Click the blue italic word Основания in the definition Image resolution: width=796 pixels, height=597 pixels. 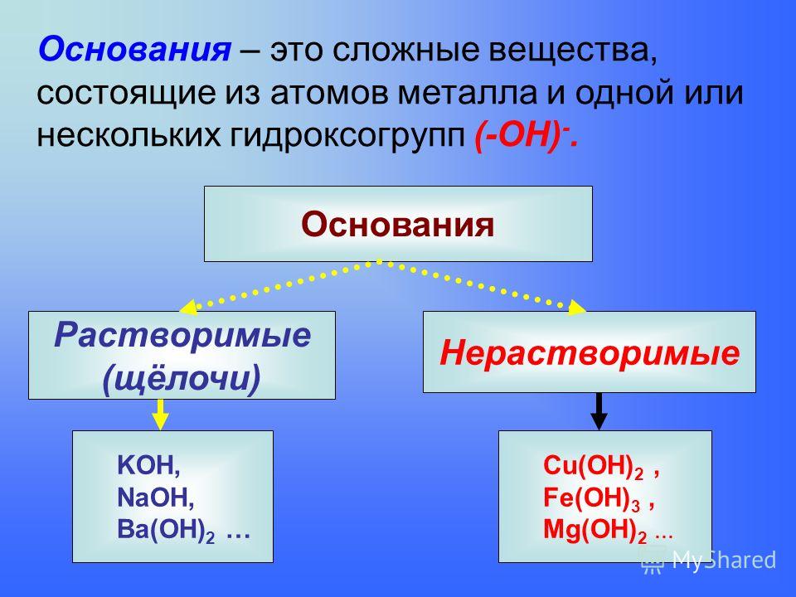(x=134, y=50)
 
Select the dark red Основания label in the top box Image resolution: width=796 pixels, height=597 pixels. (x=397, y=225)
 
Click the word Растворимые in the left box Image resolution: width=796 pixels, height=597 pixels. (x=182, y=335)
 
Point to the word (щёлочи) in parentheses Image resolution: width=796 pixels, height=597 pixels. (x=182, y=378)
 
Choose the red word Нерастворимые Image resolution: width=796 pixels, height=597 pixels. (x=590, y=353)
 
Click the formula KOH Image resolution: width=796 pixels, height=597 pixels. (x=148, y=465)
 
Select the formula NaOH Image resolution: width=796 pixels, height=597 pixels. (x=155, y=498)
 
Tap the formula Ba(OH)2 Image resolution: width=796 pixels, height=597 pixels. (x=166, y=531)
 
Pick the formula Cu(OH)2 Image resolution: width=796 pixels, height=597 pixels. (x=594, y=466)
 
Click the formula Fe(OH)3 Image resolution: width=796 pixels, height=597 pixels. (x=592, y=498)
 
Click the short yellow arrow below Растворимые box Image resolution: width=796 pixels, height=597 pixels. (x=160, y=415)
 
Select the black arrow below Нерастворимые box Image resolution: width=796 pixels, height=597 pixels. (x=599, y=411)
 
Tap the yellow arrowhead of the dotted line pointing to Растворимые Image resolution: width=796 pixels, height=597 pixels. (x=188, y=307)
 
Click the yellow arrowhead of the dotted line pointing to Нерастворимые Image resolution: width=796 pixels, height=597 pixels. (x=577, y=307)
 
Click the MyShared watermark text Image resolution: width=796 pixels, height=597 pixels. (x=724, y=560)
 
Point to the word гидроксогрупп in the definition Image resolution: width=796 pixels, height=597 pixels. (x=347, y=136)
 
